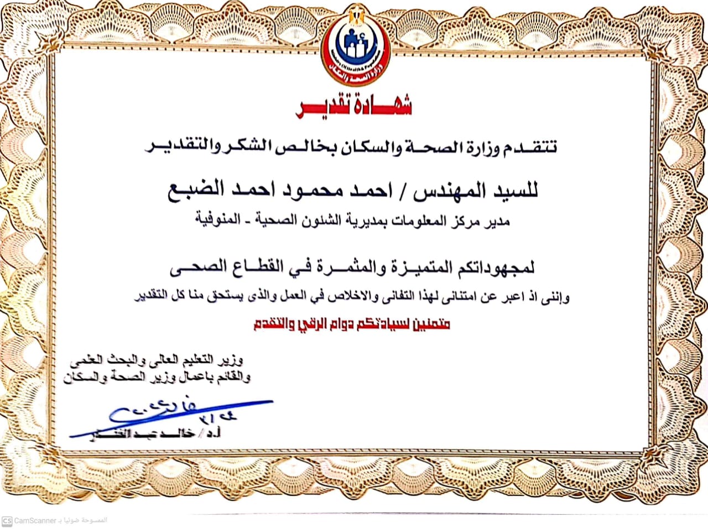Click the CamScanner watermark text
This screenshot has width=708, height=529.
tap(35, 520)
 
